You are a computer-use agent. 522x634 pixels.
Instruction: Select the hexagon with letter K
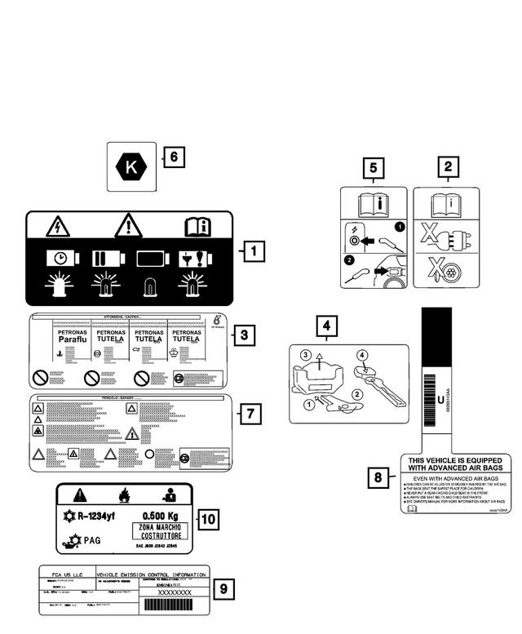(x=130, y=167)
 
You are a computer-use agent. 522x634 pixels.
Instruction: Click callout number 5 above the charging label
(x=373, y=169)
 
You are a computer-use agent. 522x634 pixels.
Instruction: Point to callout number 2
(x=446, y=169)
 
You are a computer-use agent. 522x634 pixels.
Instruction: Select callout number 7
(x=250, y=414)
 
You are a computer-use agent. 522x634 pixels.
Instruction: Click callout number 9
(x=228, y=587)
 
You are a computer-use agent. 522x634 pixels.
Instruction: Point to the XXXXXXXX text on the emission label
(x=175, y=592)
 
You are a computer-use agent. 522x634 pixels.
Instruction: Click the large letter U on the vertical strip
(x=441, y=401)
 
